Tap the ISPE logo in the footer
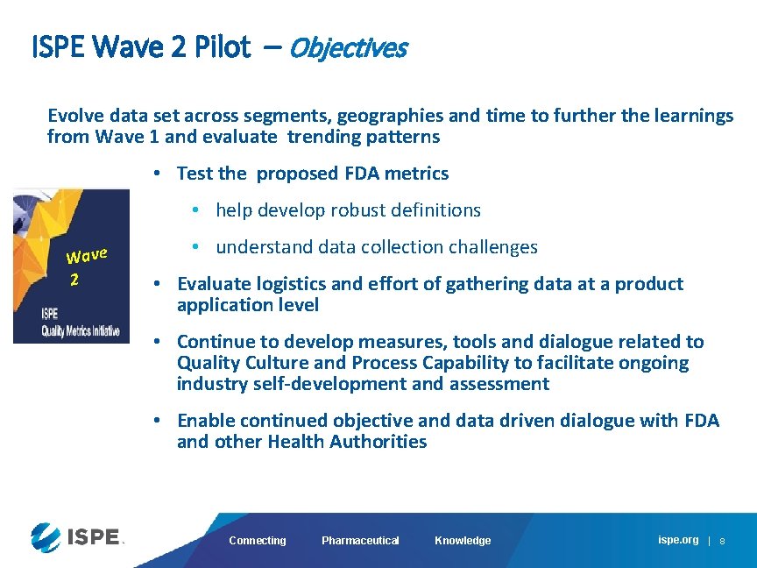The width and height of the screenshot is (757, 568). click(x=75, y=536)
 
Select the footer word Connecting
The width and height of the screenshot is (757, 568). click(x=257, y=541)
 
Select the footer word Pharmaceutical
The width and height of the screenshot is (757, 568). click(x=360, y=541)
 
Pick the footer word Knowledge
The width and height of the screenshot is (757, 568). click(x=463, y=541)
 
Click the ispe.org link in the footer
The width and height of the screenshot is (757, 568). click(x=678, y=540)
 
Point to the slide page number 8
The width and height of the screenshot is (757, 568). click(x=722, y=542)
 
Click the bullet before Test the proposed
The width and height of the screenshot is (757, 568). click(x=155, y=174)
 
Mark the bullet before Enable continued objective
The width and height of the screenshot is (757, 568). click(x=155, y=421)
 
